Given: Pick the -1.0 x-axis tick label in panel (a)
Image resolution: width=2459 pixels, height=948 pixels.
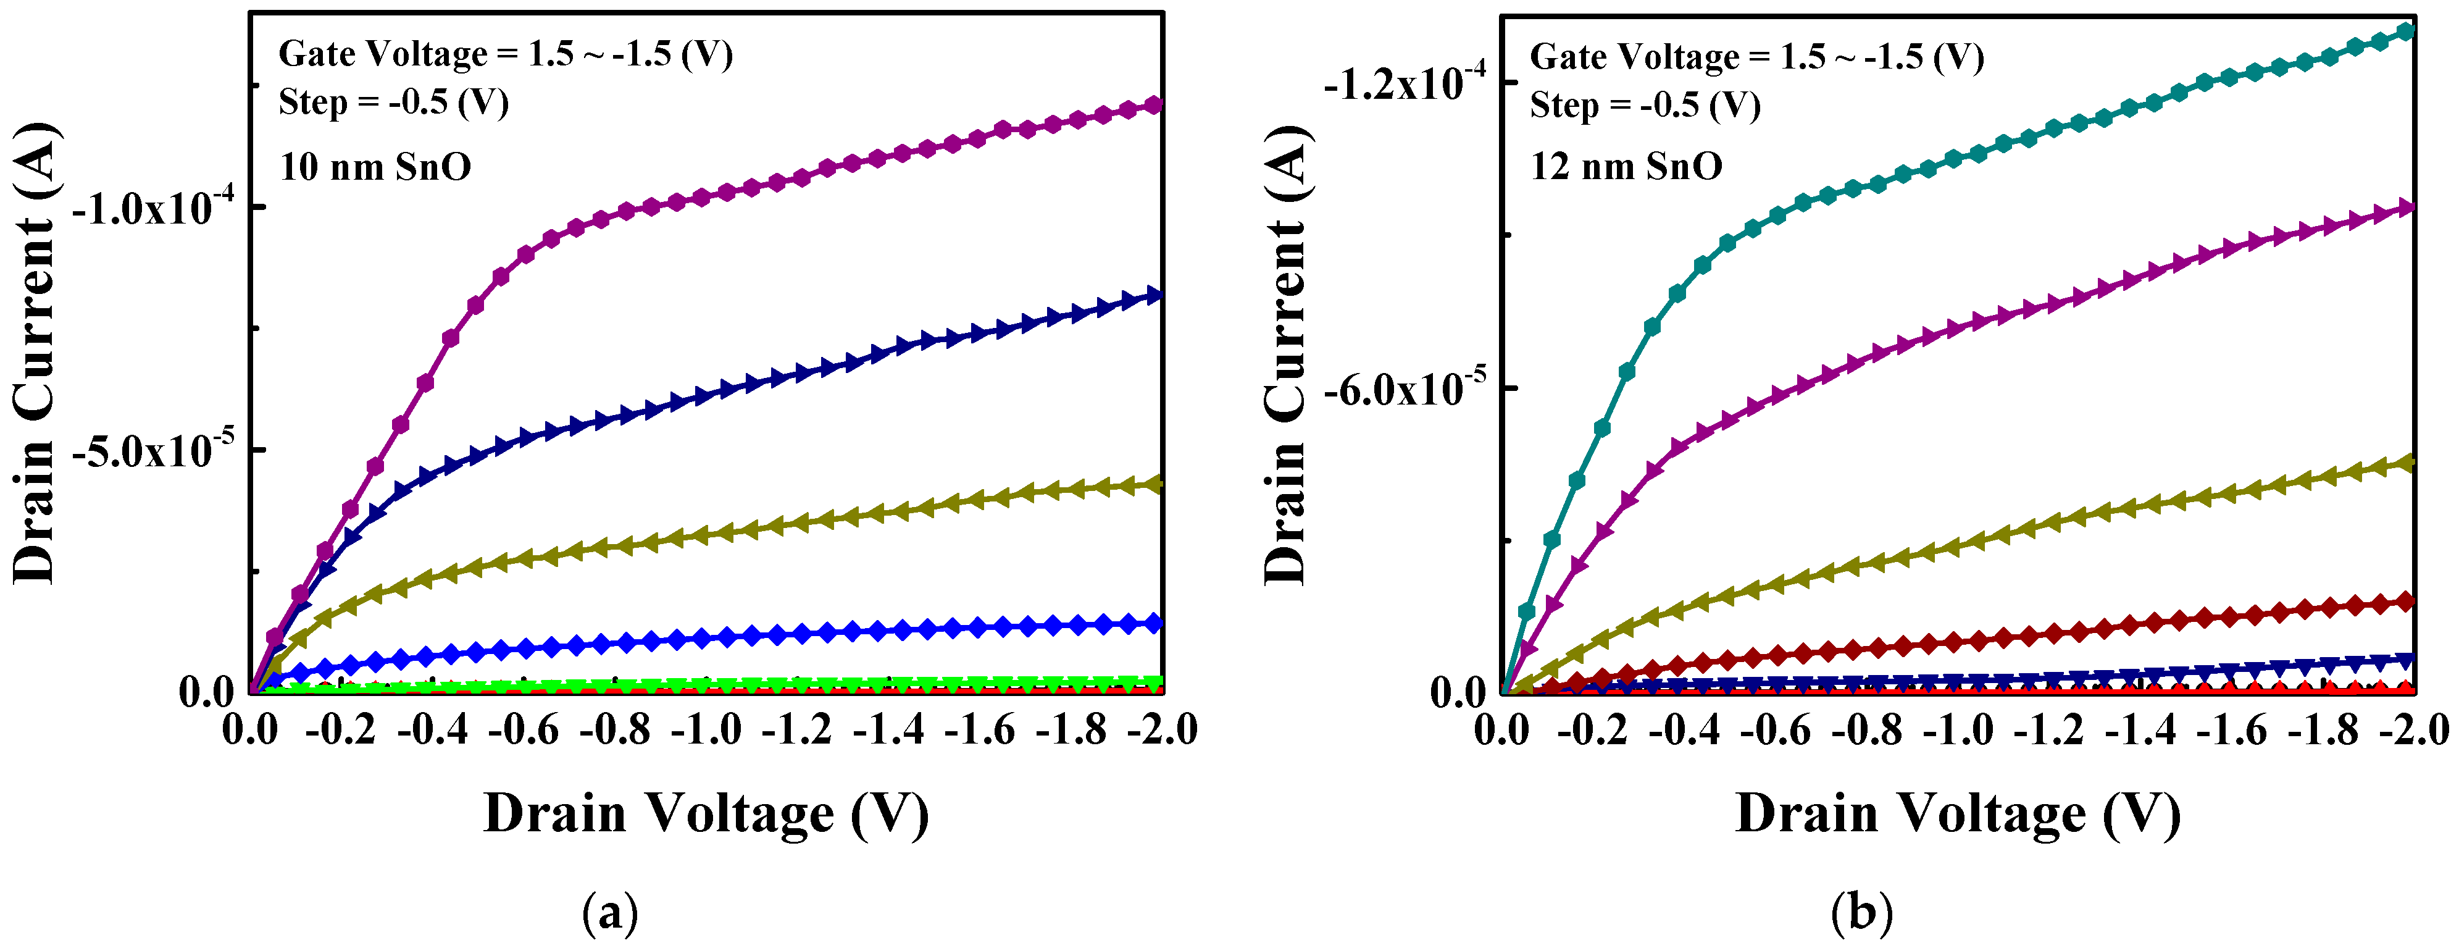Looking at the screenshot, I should (x=706, y=731).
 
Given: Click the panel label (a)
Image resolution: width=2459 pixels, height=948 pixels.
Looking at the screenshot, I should (x=609, y=913).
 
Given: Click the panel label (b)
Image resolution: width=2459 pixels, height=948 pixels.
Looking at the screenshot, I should (x=1861, y=913).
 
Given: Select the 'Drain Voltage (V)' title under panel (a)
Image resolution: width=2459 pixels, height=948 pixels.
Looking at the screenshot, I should (x=706, y=815).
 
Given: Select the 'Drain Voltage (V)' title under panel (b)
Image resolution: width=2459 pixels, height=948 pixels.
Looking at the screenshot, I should (x=1957, y=815).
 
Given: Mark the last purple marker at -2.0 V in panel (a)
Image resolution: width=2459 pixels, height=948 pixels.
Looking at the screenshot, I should (x=1154, y=104).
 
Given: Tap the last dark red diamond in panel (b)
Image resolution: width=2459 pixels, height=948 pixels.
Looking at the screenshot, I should (x=2405, y=602).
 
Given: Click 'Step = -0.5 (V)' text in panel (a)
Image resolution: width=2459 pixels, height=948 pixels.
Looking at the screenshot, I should (x=393, y=102).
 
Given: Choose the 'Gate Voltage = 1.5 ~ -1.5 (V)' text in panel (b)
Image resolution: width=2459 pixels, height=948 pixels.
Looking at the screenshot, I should (x=1756, y=57).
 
